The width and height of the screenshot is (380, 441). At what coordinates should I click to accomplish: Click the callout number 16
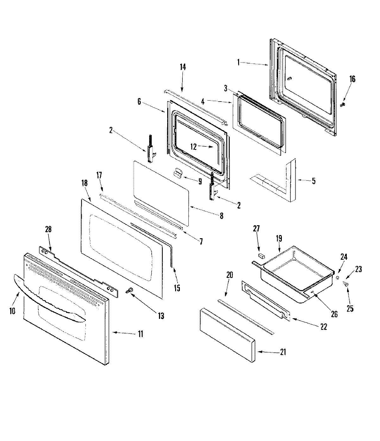coord(352,79)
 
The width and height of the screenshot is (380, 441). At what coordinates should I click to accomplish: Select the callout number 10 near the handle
coord(12,311)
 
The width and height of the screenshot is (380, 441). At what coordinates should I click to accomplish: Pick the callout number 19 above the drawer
coord(279,239)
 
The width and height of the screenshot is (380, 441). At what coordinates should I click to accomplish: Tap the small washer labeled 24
coord(338,278)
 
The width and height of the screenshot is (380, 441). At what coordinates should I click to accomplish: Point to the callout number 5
coord(313,181)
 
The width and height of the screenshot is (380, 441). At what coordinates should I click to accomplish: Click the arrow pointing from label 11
coord(122,333)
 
